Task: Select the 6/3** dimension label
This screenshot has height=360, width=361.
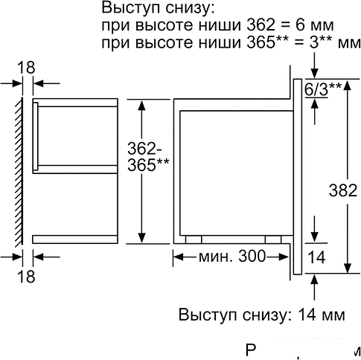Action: [x=324, y=89]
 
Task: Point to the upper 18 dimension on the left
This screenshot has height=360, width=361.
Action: [x=25, y=68]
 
